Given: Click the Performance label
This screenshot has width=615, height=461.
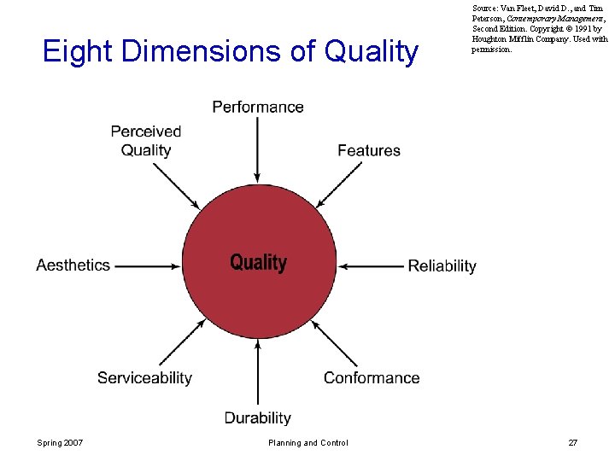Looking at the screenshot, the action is pos(258,107).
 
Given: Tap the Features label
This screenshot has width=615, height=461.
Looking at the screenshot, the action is pos(369,150).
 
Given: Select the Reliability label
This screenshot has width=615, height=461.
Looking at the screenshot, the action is pos(442,266).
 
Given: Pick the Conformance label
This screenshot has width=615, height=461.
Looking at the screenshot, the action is pos(372,377).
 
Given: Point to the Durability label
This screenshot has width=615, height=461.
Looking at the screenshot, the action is pos(258,417).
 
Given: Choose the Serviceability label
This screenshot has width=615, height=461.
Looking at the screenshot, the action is pos(144,377).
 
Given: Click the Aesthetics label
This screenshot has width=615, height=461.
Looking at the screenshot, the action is pos(73,265).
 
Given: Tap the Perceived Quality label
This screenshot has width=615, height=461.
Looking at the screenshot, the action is pos(146,141).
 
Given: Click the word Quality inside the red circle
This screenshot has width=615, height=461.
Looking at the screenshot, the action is pos(258,262).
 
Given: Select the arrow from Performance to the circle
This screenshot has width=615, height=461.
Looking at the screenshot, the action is pos(258,149).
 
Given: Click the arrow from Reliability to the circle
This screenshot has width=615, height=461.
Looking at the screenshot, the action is pos(371,266).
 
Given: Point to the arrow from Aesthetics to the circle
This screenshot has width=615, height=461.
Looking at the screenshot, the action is pos(147,266).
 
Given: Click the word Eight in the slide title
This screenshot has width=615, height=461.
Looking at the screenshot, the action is pos(78,51).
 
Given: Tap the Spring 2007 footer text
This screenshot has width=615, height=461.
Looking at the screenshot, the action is pos(60,442).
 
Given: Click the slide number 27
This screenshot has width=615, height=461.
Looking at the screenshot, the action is pos(572,442).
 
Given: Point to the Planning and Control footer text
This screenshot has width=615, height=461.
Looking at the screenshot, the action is pos(307,442).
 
